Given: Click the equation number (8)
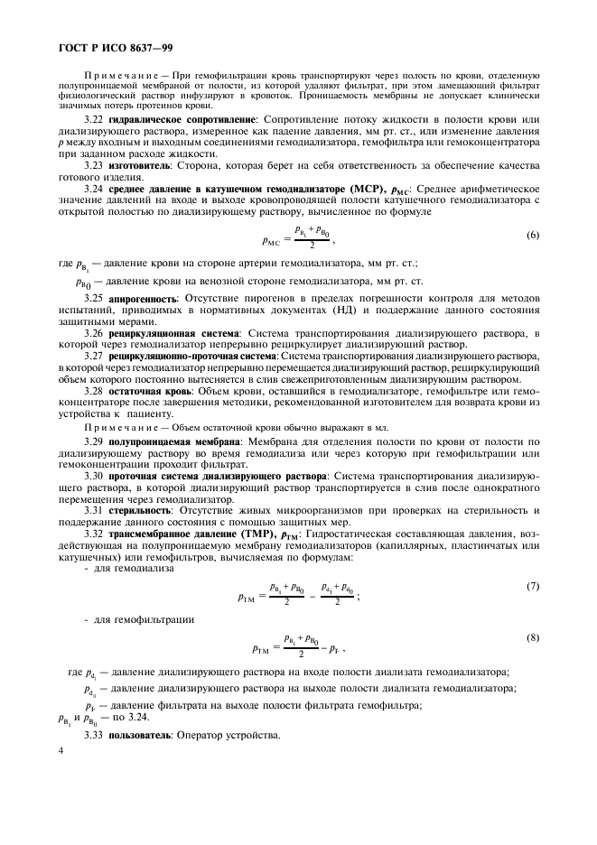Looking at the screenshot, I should (533, 637).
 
